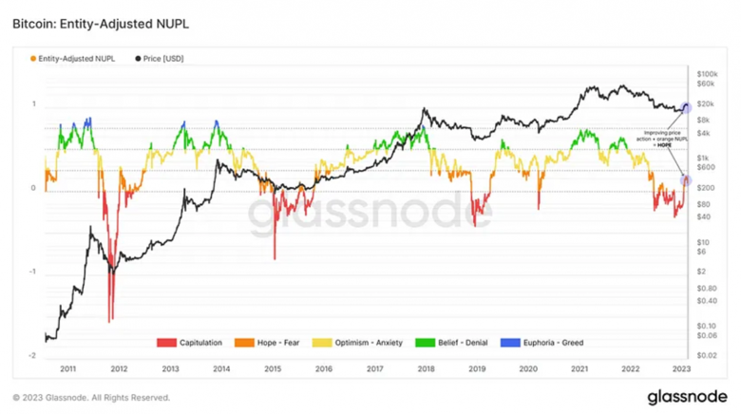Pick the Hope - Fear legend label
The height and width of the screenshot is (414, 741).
tap(278, 343)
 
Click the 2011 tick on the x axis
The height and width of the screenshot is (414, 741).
tap(67, 367)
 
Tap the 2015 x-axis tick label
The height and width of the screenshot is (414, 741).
tap(273, 367)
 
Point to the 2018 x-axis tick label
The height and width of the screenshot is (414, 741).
tap(427, 367)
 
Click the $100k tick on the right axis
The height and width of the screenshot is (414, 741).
tap(708, 73)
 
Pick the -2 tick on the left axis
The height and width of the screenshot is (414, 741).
tap(33, 355)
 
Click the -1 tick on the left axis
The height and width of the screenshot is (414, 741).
tap(33, 272)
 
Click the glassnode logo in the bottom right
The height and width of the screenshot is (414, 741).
tap(689, 397)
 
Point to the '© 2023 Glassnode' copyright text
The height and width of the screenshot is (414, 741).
tap(91, 398)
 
